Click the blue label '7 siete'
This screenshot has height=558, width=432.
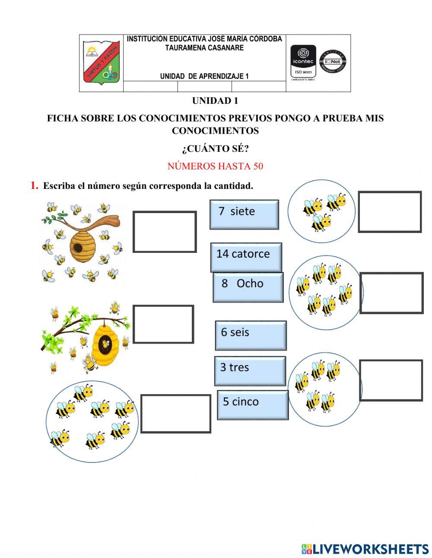point(244,214)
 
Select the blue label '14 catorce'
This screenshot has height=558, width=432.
point(246,257)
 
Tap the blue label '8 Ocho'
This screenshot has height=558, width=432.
point(248,287)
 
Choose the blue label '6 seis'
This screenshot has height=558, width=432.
point(251,335)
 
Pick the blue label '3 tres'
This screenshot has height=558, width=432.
point(250,370)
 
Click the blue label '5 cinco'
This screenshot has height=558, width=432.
point(252,405)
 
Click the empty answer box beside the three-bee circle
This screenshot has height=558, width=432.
point(390,212)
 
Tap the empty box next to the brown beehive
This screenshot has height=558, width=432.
point(164,232)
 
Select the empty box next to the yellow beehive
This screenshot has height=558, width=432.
point(163,324)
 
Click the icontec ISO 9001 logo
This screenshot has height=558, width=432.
point(303,62)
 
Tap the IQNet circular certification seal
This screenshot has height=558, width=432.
point(333,61)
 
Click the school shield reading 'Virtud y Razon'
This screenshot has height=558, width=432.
point(101,63)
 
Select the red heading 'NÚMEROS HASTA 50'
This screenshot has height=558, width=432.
point(215,166)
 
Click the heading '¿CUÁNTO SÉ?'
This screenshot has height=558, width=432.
point(215,149)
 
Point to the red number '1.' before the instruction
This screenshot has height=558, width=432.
point(35,186)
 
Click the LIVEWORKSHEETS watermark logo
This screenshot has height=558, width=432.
point(365,549)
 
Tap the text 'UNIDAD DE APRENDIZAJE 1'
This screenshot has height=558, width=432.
point(204,77)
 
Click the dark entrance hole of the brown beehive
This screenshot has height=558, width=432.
point(77,247)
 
